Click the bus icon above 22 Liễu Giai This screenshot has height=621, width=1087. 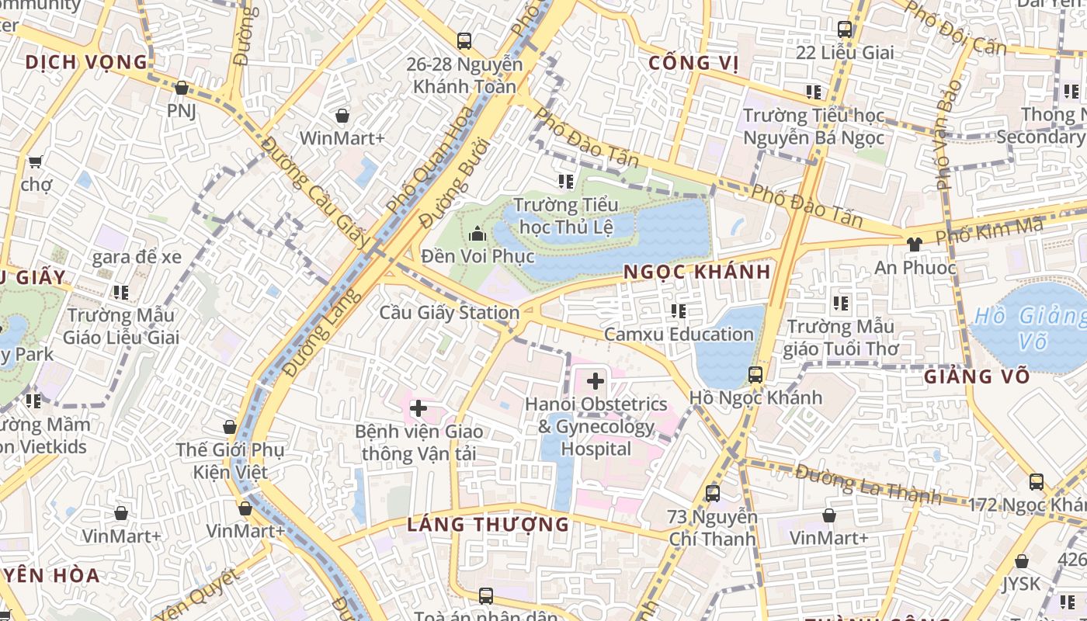tap(845, 29)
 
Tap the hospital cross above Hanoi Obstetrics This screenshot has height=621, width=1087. tap(596, 381)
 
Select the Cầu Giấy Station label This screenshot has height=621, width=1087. tap(449, 313)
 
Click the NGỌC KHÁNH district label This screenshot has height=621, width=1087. tap(697, 272)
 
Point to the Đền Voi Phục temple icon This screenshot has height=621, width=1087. tap(477, 234)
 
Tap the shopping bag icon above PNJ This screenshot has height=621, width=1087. tap(181, 88)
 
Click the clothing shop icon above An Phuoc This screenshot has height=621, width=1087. tap(914, 244)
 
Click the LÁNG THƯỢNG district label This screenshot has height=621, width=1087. tap(488, 525)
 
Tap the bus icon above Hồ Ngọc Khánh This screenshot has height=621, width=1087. tap(755, 375)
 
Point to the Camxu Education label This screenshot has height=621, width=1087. tap(679, 335)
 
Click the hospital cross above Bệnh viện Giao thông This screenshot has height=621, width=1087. tap(418, 408)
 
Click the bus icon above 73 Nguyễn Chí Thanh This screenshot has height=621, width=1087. tap(712, 493)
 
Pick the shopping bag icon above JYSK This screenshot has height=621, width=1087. tap(1022, 560)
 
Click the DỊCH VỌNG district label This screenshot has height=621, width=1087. tap(85, 62)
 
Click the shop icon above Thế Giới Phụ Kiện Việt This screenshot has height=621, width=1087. tap(229, 427)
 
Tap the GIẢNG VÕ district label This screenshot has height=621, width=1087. tap(977, 377)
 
